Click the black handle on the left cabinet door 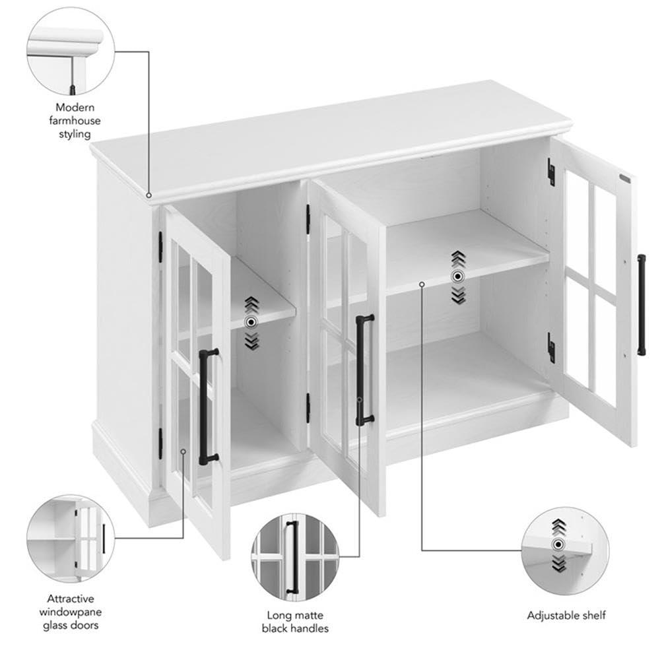(204, 407)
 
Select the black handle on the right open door (641, 305)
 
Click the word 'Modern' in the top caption (75, 108)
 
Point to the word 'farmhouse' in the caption (75, 121)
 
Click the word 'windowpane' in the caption (71, 612)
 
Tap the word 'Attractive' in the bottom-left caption (71, 599)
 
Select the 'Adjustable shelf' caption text (566, 615)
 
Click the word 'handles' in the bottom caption (310, 628)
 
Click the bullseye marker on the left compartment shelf (251, 323)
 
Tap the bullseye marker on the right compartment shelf (457, 277)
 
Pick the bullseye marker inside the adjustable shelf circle (558, 544)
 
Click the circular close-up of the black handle (294, 556)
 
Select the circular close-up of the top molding (71, 51)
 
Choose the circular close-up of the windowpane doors (71, 539)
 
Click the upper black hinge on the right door (551, 172)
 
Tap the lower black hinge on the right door (551, 347)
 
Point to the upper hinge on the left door (160, 247)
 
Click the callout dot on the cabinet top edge (148, 195)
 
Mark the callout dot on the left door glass (183, 451)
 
